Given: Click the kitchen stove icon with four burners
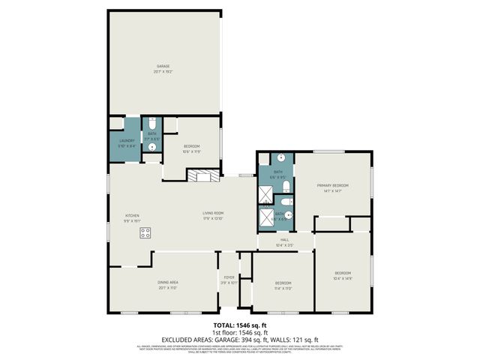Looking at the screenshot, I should tap(145, 233).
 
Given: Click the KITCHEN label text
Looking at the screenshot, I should tap(132, 217).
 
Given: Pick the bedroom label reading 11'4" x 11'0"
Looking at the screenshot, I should tap(282, 285).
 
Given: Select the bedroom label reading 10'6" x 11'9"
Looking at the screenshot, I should tap(190, 148).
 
